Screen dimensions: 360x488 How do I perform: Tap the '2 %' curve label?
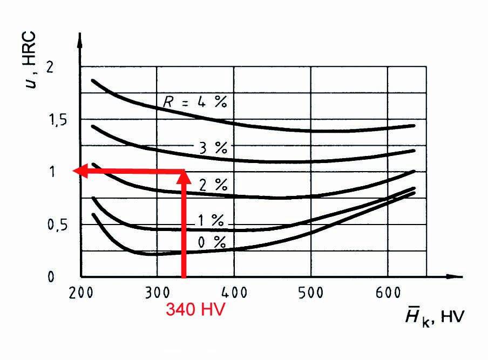pos(213,185)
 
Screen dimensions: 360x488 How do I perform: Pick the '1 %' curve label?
pos(209,220)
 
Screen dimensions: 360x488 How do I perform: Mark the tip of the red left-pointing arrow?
pos(73,171)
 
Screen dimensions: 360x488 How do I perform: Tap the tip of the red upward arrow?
pos(184,173)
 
